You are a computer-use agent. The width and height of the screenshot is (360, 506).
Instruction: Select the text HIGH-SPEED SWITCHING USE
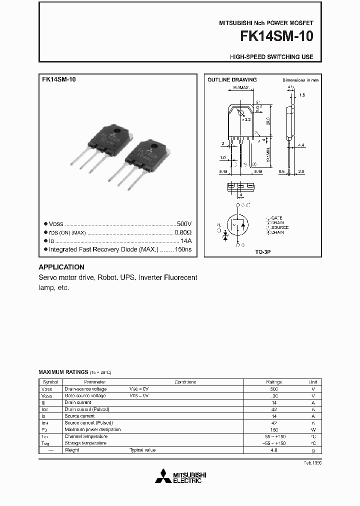271,57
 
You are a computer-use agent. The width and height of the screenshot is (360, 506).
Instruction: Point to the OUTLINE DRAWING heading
232,80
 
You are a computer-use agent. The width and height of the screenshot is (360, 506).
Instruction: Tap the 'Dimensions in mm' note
300,80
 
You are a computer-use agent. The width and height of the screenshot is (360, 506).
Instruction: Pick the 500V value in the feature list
184,224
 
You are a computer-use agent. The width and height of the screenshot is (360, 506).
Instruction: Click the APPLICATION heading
61,267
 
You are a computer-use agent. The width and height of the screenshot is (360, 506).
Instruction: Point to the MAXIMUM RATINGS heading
63,372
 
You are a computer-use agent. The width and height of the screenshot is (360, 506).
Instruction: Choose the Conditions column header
185,382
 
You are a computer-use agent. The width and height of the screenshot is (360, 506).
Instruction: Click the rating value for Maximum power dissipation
273,429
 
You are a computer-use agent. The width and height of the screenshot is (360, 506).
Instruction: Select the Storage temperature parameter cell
85,443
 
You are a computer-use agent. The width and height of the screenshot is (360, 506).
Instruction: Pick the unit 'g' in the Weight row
313,450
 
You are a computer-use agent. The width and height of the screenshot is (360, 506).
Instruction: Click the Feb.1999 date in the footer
312,463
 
